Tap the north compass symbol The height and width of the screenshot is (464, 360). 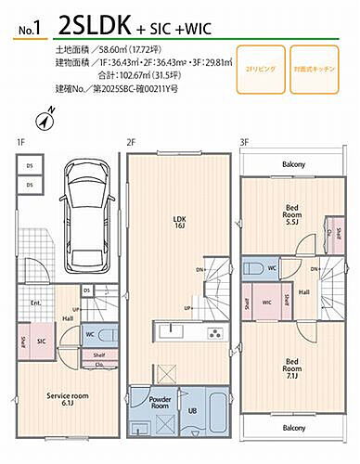click(46, 119)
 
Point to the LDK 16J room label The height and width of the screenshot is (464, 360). click(180, 224)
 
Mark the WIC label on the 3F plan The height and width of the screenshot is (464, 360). click(267, 302)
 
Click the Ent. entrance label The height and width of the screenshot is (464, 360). click(35, 303)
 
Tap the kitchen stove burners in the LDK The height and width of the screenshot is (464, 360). click(212, 333)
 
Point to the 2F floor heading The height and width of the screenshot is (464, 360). click(132, 142)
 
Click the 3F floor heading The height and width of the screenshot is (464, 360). click(244, 142)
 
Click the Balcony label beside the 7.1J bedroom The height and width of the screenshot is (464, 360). click(293, 428)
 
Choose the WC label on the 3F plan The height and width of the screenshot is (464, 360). click(271, 268)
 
